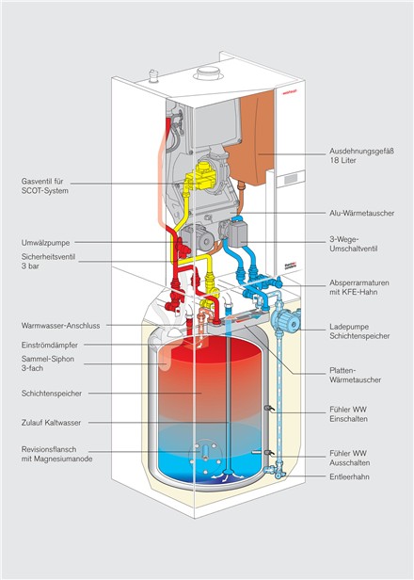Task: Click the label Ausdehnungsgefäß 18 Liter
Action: [361, 155]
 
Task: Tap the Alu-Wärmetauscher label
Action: [361, 213]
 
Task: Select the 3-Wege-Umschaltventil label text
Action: [354, 244]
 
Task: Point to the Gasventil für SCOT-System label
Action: [45, 186]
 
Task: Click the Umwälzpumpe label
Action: [45, 243]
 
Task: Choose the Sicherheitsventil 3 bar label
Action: [48, 261]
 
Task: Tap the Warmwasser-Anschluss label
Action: [60, 326]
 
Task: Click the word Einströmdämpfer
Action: [50, 346]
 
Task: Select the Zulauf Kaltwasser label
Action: [51, 423]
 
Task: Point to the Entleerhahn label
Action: [349, 476]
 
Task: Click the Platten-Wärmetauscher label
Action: [356, 375]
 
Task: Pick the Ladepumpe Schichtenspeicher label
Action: [359, 331]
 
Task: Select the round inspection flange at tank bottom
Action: [205, 455]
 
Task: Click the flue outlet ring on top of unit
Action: [209, 73]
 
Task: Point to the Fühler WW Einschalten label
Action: [348, 414]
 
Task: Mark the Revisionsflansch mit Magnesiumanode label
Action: [56, 454]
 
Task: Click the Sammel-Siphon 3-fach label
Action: [48, 363]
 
